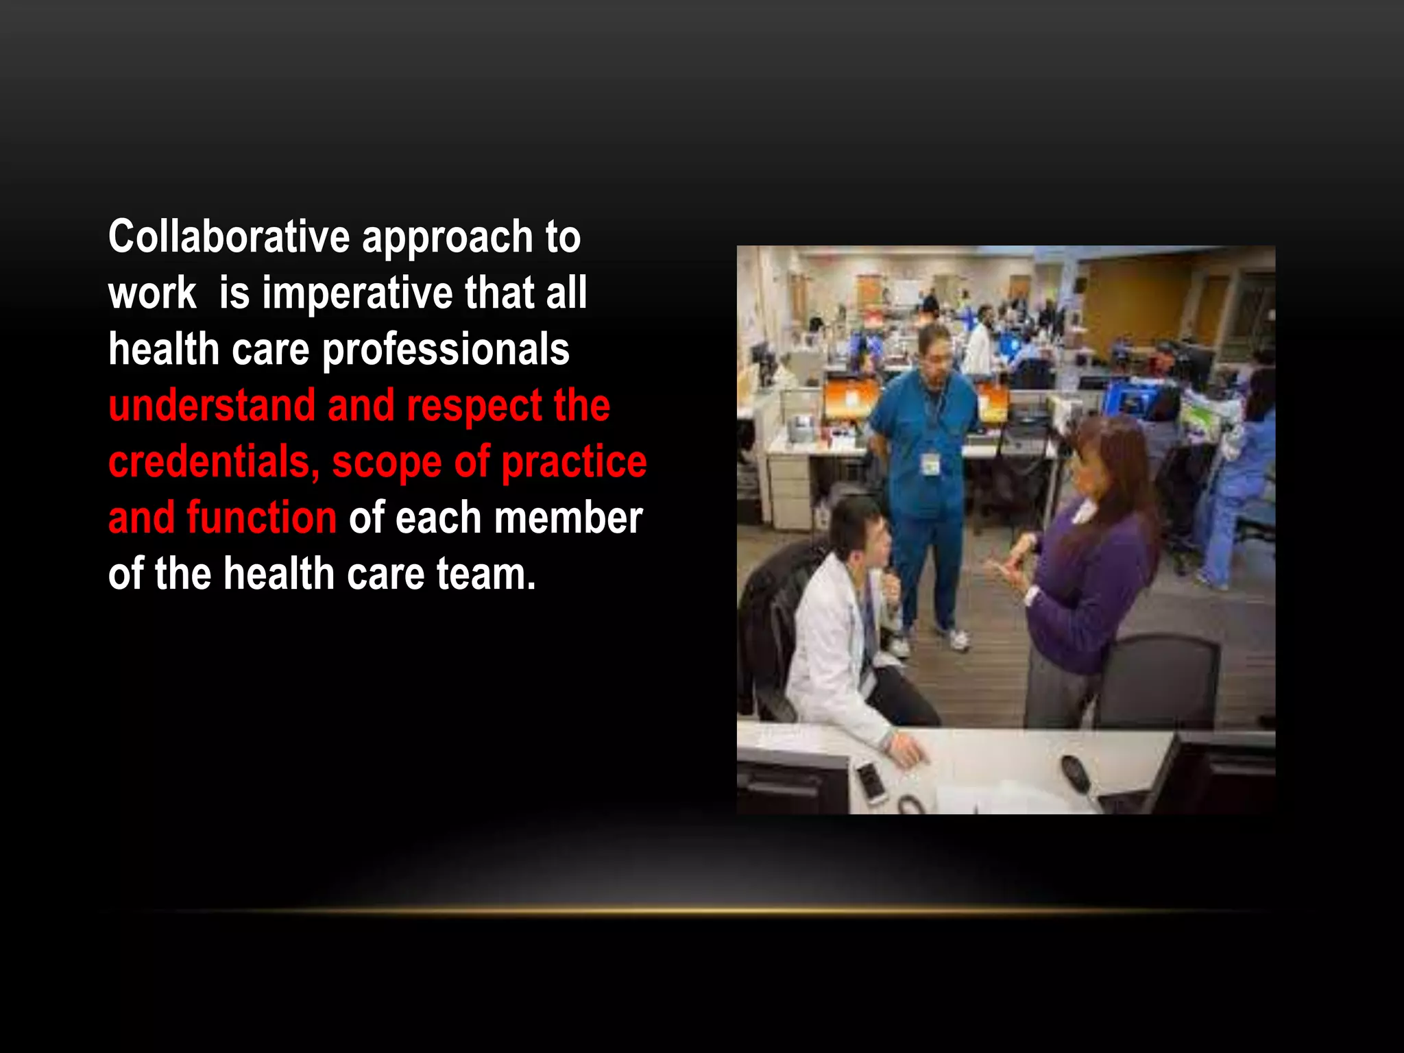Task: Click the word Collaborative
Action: tap(229, 237)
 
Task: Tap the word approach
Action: tap(447, 238)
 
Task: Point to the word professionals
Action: tap(446, 350)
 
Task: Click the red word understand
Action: tap(212, 405)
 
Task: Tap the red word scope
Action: tap(387, 463)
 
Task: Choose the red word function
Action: tap(261, 518)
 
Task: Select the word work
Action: tap(152, 293)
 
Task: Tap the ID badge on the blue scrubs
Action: tap(930, 465)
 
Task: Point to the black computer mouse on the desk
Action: tap(1074, 771)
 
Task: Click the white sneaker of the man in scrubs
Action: tap(958, 639)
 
